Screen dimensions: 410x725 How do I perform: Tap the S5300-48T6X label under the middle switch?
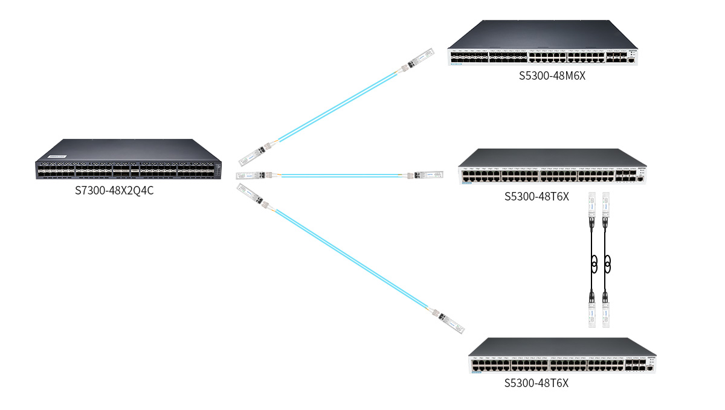pyautogui.click(x=536, y=196)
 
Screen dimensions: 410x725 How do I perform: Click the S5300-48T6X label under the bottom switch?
pyautogui.click(x=536, y=383)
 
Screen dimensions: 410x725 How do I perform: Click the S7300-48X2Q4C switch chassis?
pyautogui.click(x=127, y=162)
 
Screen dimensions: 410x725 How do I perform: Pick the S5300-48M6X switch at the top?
pyautogui.click(x=543, y=46)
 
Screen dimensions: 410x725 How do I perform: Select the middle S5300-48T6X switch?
pyautogui.click(x=552, y=167)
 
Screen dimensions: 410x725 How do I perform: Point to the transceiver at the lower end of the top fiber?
pyautogui.click(x=253, y=153)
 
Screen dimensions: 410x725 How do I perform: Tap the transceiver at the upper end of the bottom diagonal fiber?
pyautogui.click(x=251, y=194)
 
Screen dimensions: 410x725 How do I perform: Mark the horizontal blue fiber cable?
pyautogui.click(x=341, y=176)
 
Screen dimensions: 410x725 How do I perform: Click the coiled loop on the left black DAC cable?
pyautogui.click(x=594, y=263)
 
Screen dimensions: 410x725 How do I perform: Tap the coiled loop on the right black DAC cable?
pyautogui.click(x=607, y=263)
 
